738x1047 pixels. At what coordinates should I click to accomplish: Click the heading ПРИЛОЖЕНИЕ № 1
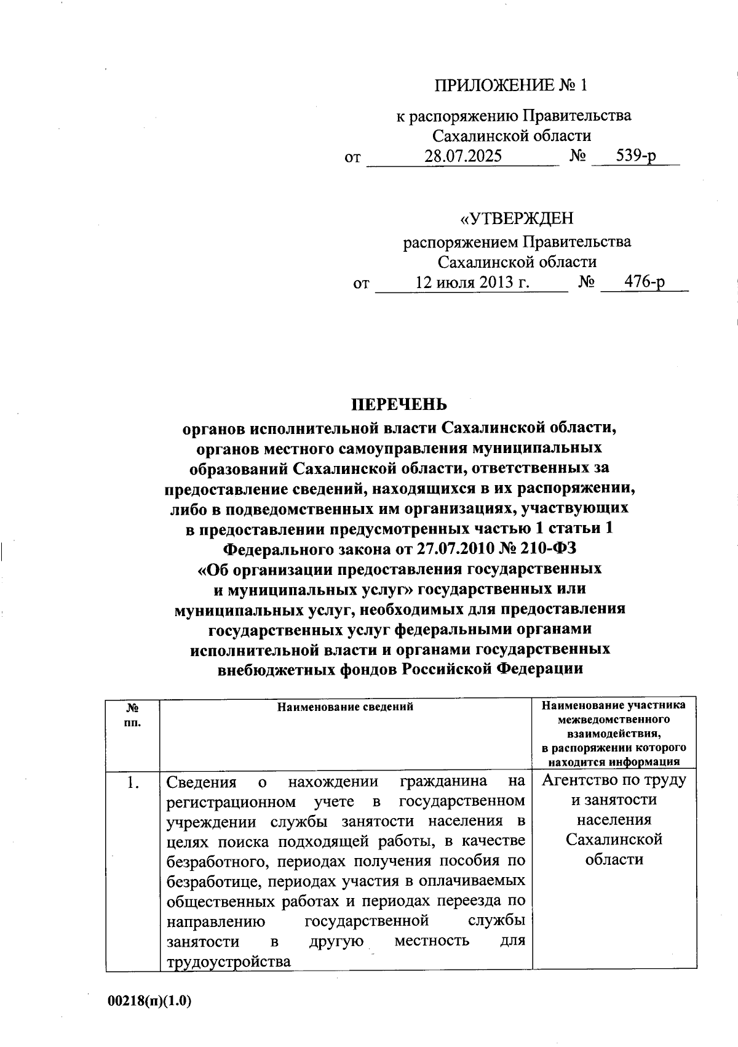coord(510,85)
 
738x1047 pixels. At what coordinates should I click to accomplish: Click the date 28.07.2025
coord(462,156)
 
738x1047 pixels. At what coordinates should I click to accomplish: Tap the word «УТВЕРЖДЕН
coord(517,219)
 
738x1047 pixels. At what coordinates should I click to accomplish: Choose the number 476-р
coord(645,283)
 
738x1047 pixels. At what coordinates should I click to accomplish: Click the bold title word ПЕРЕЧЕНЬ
coord(399,404)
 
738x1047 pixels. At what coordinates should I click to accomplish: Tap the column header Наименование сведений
coord(345,707)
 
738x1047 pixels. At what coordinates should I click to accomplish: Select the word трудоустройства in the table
coord(228,962)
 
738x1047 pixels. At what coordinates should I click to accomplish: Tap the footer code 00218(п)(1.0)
coord(150,1001)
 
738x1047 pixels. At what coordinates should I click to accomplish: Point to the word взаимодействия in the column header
coord(613,734)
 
